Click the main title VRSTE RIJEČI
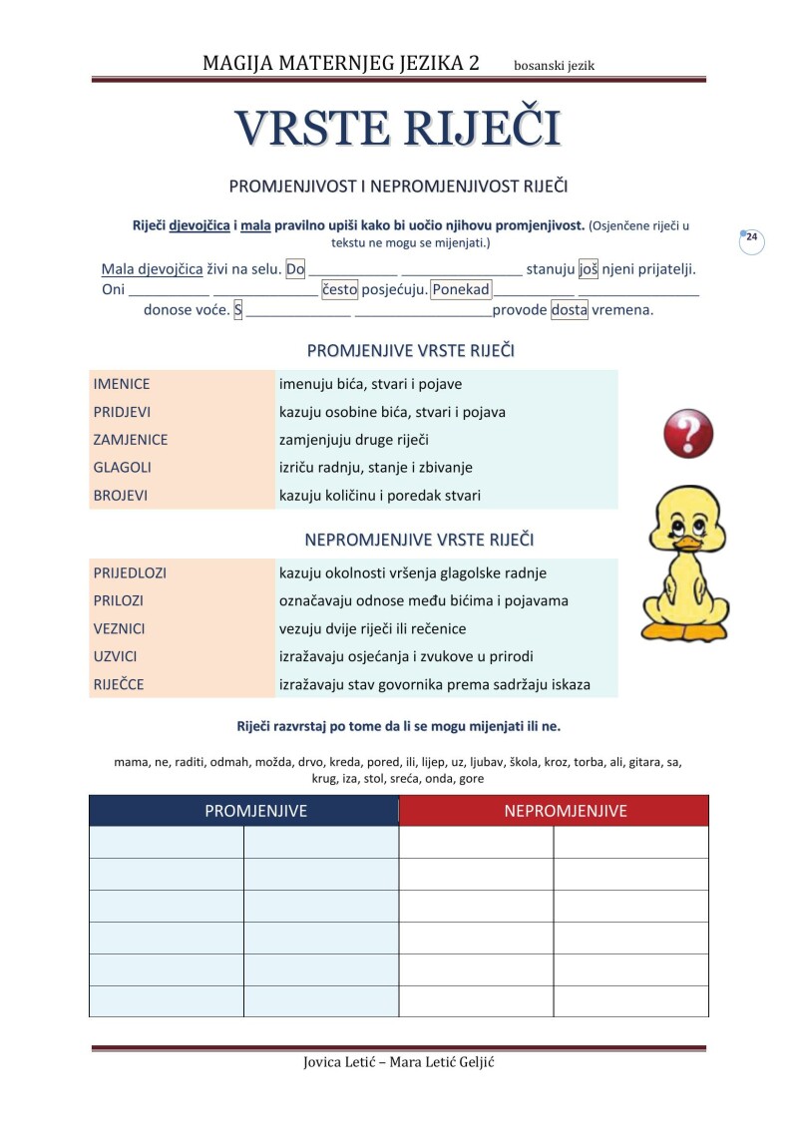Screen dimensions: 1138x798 click(398, 128)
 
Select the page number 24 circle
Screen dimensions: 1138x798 click(751, 239)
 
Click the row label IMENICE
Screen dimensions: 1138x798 click(122, 384)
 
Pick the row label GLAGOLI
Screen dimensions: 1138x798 click(122, 467)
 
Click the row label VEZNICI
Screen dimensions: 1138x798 click(120, 629)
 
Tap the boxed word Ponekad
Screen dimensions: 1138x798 click(462, 290)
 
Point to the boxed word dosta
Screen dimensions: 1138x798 click(570, 310)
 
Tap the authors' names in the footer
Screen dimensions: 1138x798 click(398, 1061)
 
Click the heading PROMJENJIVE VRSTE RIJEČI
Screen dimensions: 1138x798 click(410, 351)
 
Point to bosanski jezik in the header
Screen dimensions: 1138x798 click(554, 66)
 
